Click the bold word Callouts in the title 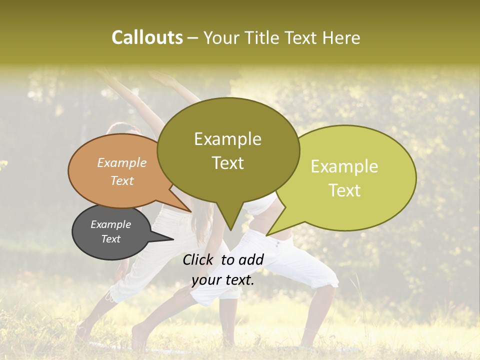point(147,37)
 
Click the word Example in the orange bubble point(121,162)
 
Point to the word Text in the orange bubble point(121,180)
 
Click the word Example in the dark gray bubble point(110,224)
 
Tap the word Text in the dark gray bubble point(110,239)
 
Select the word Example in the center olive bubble point(227,139)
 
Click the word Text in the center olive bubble point(227,163)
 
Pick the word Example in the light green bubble point(344,166)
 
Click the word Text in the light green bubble point(344,190)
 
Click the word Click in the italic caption point(199,259)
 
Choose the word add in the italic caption point(251,259)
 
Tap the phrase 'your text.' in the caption point(222,280)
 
